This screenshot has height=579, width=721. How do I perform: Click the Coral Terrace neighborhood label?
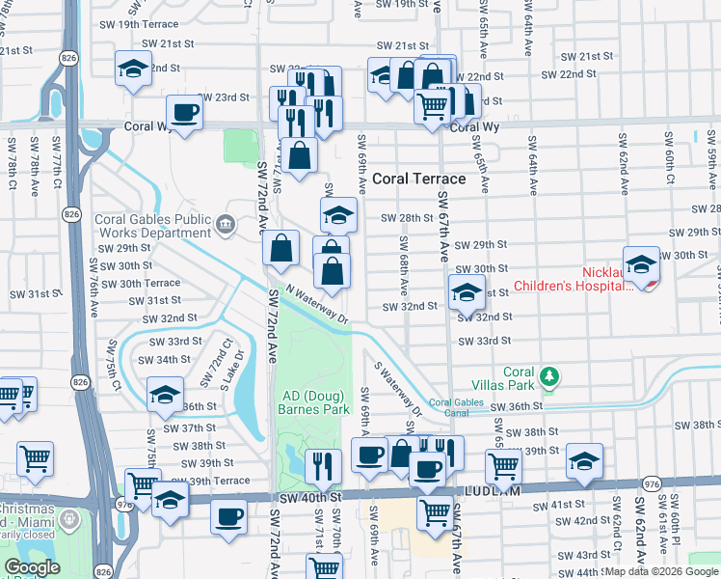[418, 179]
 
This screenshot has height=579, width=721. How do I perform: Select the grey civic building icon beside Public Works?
[226, 225]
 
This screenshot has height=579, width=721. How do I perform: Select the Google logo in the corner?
[32, 567]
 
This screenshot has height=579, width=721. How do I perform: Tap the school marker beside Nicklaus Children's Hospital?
[641, 264]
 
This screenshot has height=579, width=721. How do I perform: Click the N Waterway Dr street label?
[314, 306]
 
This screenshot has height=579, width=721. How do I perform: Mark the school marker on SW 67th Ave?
[467, 291]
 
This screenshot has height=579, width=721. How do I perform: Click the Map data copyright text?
[662, 571]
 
